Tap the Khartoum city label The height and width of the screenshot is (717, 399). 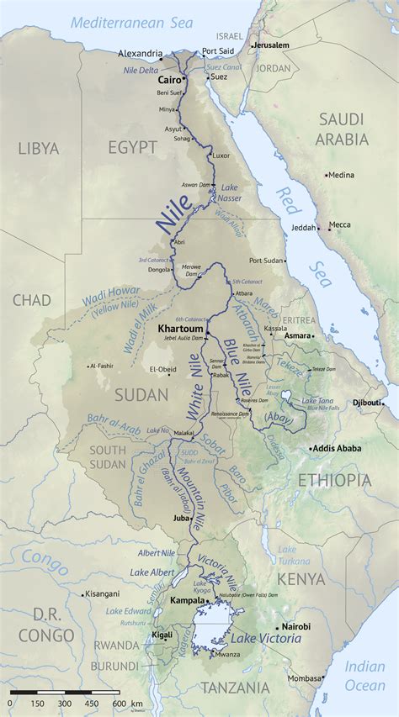181,329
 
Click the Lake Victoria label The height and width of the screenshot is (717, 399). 255,640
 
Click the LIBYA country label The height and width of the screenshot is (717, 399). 39,148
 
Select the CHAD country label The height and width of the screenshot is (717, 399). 31,300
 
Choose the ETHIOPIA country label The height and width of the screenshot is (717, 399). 333,480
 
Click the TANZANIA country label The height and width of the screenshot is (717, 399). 234,688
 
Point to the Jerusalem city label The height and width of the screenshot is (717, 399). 270,45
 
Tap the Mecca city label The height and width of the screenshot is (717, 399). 340,224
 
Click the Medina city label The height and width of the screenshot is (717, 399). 342,175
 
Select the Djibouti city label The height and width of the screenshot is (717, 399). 368,403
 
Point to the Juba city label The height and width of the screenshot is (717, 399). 182,519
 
